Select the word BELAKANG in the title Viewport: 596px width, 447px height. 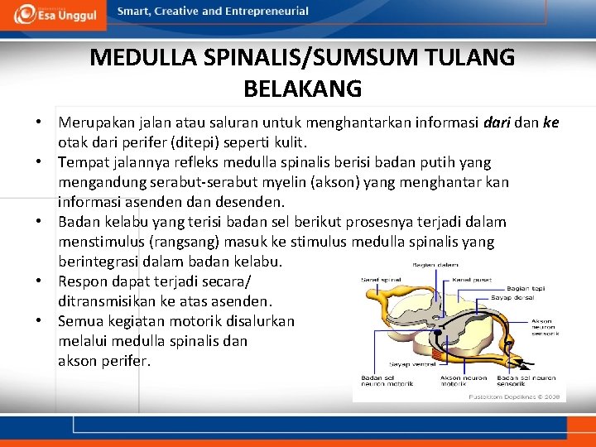point(303,87)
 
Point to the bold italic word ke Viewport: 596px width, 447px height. point(550,123)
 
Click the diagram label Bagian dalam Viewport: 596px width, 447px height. point(435,265)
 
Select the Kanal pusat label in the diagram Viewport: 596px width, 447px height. point(471,280)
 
